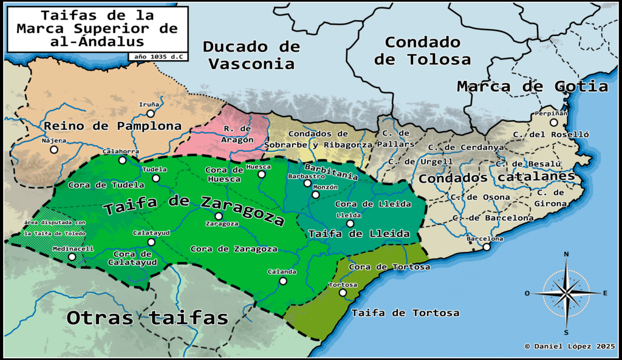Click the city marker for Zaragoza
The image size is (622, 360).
[x=219, y=216]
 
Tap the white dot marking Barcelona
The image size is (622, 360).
[x=486, y=246]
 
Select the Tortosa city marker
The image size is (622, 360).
[x=343, y=293]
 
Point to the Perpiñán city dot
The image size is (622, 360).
[x=553, y=122]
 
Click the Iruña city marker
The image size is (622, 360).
[x=151, y=113]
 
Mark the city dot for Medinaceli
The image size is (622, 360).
[x=72, y=257]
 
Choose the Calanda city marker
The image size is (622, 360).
[x=282, y=280]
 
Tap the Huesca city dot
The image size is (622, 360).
[x=261, y=174]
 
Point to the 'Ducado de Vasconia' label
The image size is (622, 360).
[x=251, y=55]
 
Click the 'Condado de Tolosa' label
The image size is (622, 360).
[x=422, y=50]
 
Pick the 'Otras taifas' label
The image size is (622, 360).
[x=147, y=318]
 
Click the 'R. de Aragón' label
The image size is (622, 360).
[x=237, y=134]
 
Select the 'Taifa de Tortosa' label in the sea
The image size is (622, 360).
[x=405, y=313]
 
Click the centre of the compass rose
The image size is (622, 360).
[x=566, y=293]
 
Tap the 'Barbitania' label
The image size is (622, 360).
[x=331, y=171]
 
